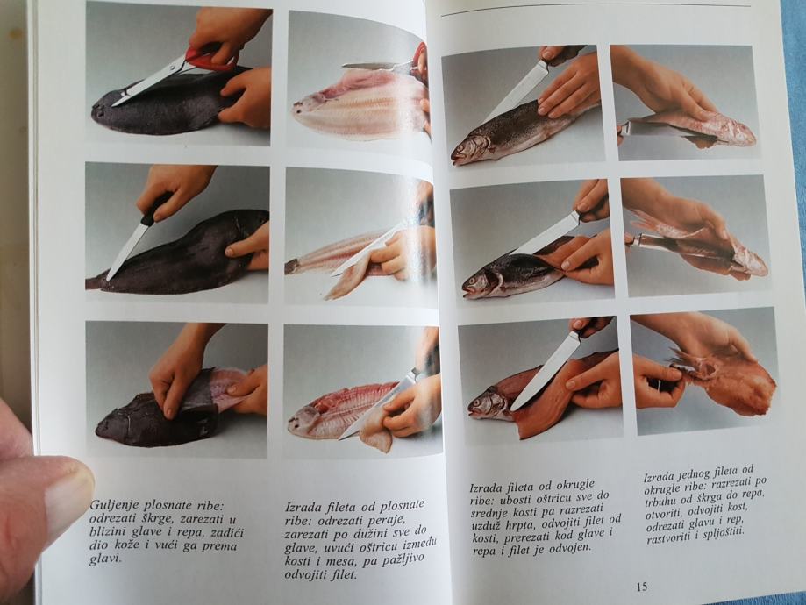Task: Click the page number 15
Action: pos(642,586)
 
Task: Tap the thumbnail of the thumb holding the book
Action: pos(70,494)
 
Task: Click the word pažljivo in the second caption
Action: pos(403,559)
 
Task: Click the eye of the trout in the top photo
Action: pos(462,146)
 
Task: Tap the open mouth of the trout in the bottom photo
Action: pos(472,408)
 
